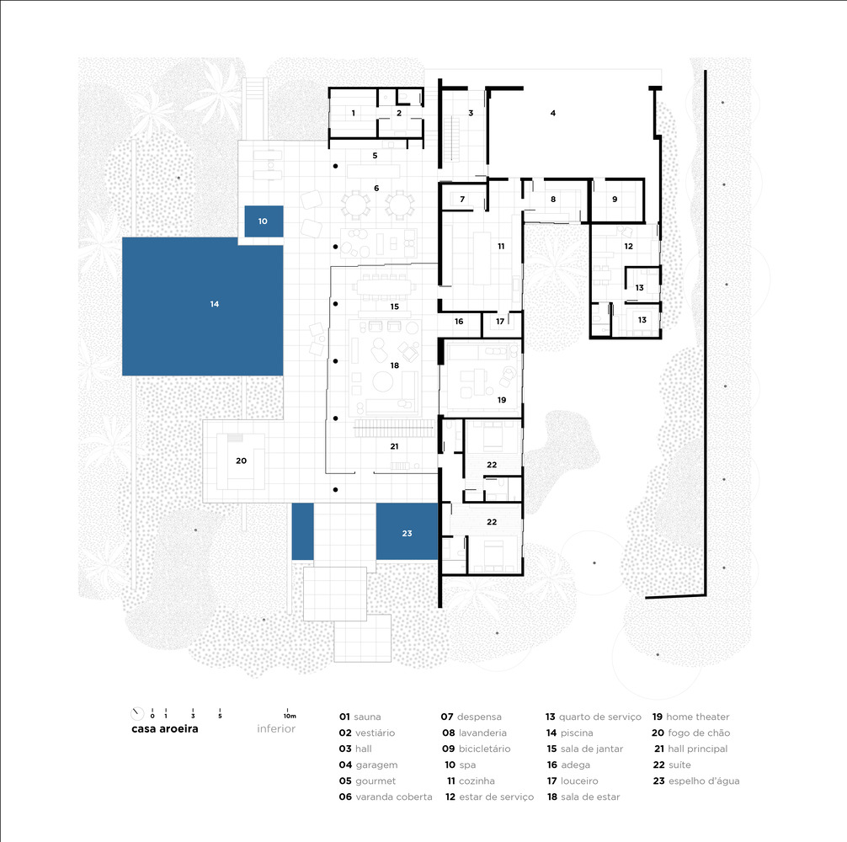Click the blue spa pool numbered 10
(x=264, y=221)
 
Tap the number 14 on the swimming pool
(x=215, y=304)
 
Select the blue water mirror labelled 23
(x=407, y=531)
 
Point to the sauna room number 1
(x=354, y=113)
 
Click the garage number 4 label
(x=552, y=113)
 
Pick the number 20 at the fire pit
(x=241, y=461)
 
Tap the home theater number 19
(x=502, y=400)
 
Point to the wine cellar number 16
(x=459, y=322)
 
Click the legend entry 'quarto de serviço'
(x=600, y=717)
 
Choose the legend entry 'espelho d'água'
(x=704, y=781)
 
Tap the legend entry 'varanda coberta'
(x=394, y=797)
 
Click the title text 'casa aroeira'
(x=165, y=728)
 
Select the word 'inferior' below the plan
(x=276, y=728)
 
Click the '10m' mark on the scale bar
(x=290, y=717)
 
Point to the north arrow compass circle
(x=137, y=714)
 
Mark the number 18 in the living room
(x=394, y=365)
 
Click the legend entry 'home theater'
(x=697, y=717)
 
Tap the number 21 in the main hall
(x=394, y=446)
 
